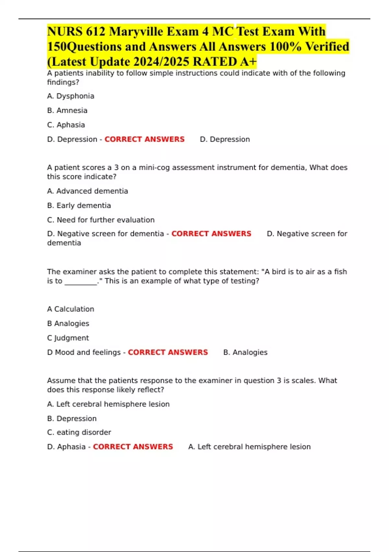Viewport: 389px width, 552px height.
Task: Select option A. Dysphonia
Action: pyautogui.click(x=71, y=96)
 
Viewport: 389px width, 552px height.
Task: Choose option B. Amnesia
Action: pyautogui.click(x=67, y=110)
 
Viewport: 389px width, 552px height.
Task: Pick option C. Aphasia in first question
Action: pyautogui.click(x=66, y=125)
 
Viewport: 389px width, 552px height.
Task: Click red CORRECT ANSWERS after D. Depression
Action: pyautogui.click(x=144, y=139)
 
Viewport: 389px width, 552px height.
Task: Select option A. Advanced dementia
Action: pyautogui.click(x=88, y=191)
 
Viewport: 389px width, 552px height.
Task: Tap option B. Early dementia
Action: pyautogui.click(x=79, y=206)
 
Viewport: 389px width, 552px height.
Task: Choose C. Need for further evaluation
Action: pyautogui.click(x=101, y=220)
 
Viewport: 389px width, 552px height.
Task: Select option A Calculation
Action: pyautogui.click(x=71, y=309)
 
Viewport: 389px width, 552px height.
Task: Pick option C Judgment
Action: pyautogui.click(x=68, y=338)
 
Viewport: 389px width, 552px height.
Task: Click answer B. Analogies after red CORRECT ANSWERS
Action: pyautogui.click(x=245, y=352)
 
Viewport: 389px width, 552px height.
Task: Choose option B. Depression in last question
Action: pyautogui.click(x=72, y=419)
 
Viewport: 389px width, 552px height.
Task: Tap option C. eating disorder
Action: pyautogui.click(x=79, y=433)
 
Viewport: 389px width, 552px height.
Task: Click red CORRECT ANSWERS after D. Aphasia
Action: pyautogui.click(x=133, y=447)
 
